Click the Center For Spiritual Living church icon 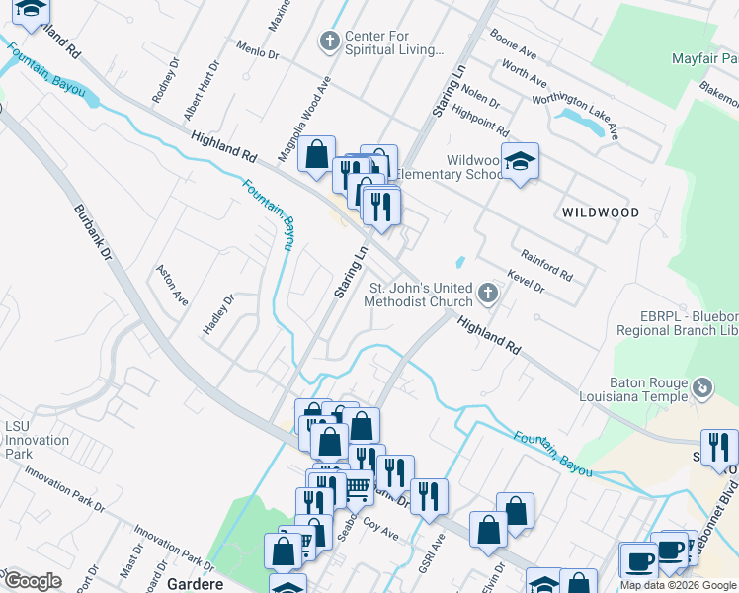pyautogui.click(x=330, y=42)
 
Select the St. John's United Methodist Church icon pyautogui.click(x=487, y=293)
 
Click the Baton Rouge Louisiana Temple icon pyautogui.click(x=702, y=386)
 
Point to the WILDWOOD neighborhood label pyautogui.click(x=601, y=212)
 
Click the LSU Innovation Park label pyautogui.click(x=24, y=440)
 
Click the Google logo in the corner pyautogui.click(x=33, y=581)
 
